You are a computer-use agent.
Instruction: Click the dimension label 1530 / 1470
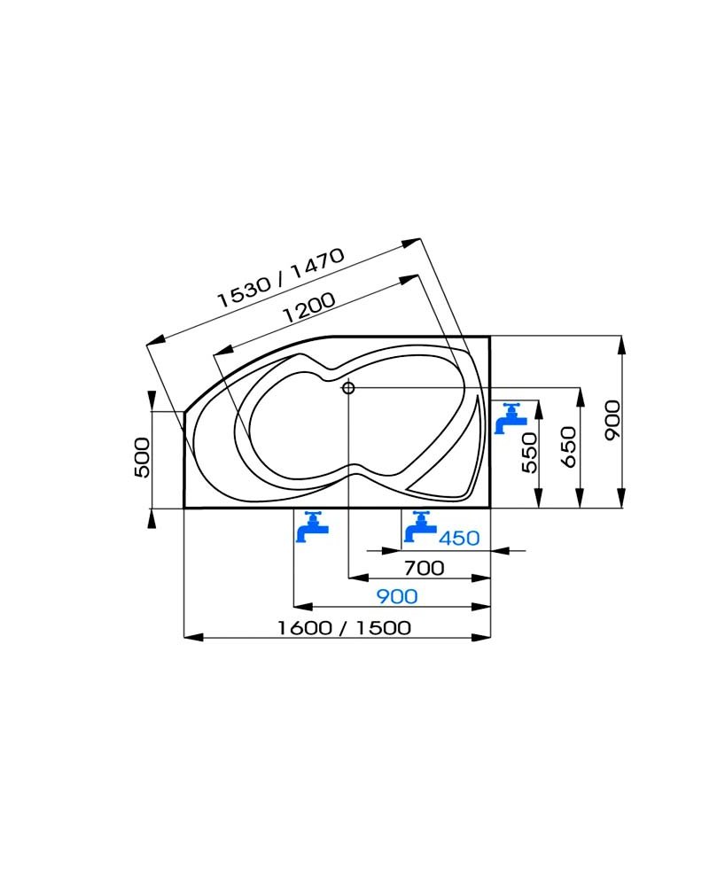click(x=281, y=277)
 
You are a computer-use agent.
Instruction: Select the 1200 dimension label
click(x=308, y=307)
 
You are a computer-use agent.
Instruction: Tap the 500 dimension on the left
click(x=143, y=458)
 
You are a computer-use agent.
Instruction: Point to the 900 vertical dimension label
click(x=612, y=420)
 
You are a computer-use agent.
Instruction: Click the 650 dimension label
click(x=570, y=446)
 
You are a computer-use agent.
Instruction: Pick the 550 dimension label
click(x=529, y=453)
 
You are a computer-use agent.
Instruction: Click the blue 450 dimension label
click(x=459, y=538)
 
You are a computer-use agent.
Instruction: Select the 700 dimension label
click(x=424, y=568)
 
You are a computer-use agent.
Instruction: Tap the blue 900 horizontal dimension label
click(x=397, y=596)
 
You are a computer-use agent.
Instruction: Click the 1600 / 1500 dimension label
click(x=345, y=627)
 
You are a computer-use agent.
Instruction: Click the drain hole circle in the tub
click(x=348, y=388)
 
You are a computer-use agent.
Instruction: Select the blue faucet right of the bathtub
click(x=510, y=418)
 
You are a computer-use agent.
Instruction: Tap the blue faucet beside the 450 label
click(x=421, y=527)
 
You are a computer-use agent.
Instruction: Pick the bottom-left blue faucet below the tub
click(x=312, y=527)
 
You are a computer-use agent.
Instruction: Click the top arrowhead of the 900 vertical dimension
click(x=621, y=345)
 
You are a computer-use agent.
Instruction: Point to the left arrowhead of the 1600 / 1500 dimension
click(x=193, y=637)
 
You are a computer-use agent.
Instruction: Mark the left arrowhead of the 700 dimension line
click(x=358, y=578)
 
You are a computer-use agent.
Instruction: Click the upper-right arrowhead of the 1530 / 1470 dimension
click(x=411, y=243)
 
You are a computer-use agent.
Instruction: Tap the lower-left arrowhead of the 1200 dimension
click(x=223, y=353)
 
